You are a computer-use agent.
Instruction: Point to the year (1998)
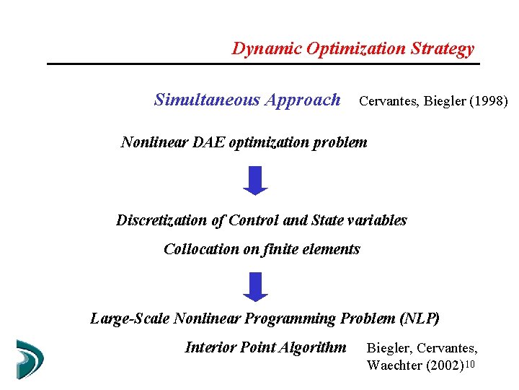coord(489,101)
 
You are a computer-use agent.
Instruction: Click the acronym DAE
coord(210,142)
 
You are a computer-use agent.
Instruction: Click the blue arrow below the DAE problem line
coord(255,181)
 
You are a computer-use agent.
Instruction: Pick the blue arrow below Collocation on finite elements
coord(255,286)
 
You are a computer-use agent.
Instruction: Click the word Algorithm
coord(312,347)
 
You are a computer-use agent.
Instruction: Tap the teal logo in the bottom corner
coord(30,359)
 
